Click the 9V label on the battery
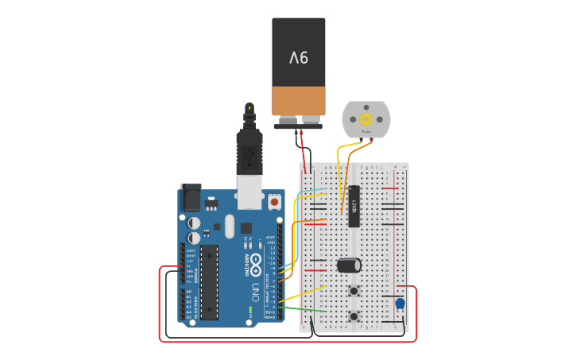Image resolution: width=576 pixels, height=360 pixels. (298, 57)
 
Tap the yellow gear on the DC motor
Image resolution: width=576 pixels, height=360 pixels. (366, 119)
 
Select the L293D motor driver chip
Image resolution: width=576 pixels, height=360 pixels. (354, 206)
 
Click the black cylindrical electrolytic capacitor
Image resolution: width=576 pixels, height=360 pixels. (349, 265)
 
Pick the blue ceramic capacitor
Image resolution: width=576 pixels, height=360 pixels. (400, 304)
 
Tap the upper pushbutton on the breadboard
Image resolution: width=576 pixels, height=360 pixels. (354, 291)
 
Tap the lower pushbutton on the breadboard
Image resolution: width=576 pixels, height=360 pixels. (354, 316)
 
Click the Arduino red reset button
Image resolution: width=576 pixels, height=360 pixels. (275, 202)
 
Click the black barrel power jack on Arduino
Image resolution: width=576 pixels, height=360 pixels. (191, 197)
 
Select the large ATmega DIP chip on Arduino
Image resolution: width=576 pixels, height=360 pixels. (210, 282)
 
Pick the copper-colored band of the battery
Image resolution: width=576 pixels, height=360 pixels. (298, 100)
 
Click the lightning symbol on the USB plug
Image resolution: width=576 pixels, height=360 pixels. (249, 107)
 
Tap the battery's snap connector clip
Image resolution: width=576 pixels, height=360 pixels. (298, 122)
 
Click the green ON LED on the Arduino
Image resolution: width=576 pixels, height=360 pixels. (250, 311)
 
